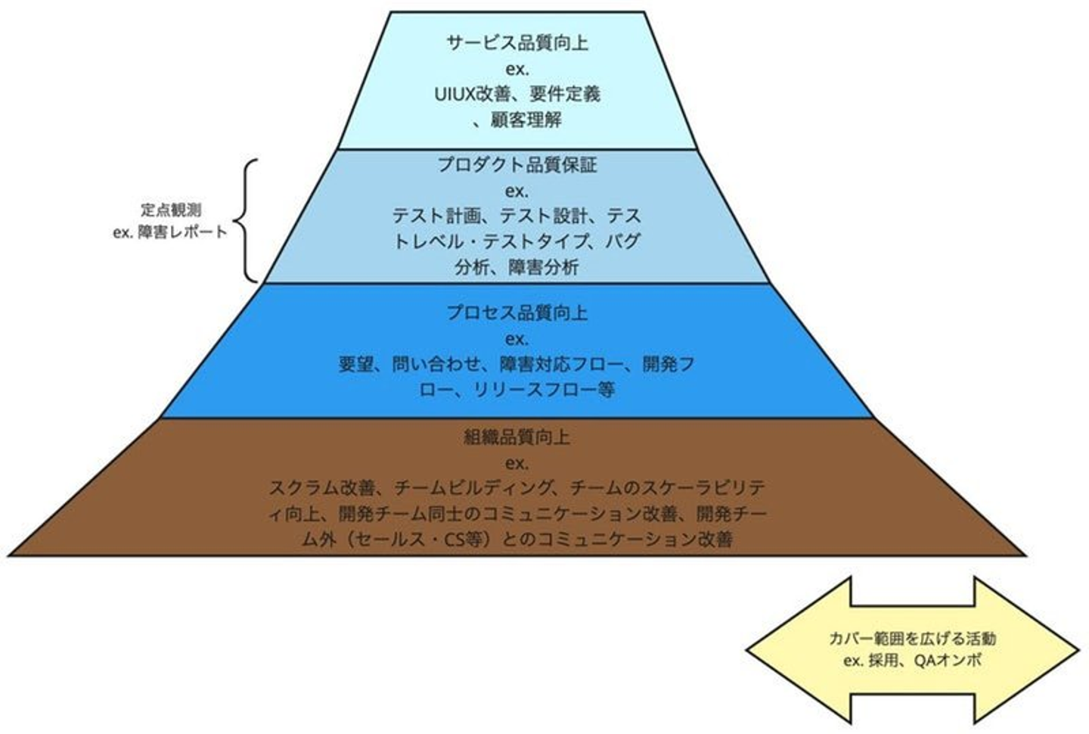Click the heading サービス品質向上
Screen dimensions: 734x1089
coord(517,43)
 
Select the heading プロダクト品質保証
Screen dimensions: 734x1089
coord(517,164)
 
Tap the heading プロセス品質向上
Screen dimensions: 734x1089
coord(517,313)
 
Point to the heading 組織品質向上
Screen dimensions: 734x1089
coord(517,437)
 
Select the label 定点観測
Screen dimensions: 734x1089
coord(171,210)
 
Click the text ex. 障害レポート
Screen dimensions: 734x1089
coord(170,232)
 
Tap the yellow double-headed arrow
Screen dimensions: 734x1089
coord(913,650)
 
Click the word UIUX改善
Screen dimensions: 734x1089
coord(464,95)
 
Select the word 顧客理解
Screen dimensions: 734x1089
coord(526,120)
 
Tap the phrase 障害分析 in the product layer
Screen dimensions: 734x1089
coord(544,267)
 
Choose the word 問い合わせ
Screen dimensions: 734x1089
coord(436,364)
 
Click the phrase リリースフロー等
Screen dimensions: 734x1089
coord(544,390)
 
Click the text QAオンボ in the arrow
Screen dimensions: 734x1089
coord(948,661)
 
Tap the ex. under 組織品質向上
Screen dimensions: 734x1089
coord(517,463)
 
